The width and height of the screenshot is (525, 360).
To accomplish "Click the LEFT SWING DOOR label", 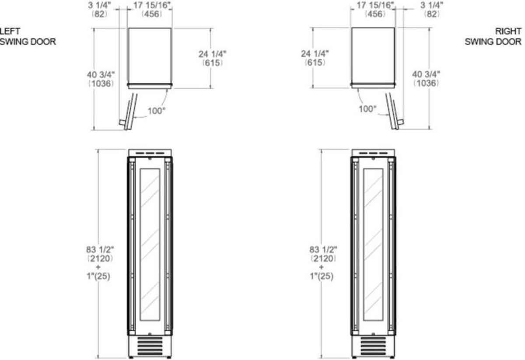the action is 28,36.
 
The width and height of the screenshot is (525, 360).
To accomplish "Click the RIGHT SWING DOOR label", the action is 493,36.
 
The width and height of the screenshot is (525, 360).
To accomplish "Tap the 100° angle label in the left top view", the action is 156,111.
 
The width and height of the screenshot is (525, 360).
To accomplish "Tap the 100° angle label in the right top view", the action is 367,109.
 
